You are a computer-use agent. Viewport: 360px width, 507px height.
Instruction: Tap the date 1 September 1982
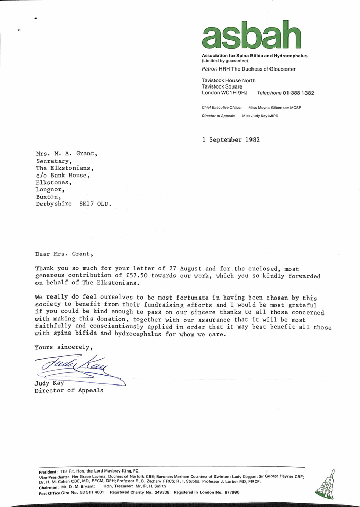pos(231,139)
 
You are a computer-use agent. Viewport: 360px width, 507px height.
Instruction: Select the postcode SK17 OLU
pos(95,204)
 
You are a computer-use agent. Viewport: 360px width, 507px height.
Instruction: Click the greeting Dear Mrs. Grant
pos(65,254)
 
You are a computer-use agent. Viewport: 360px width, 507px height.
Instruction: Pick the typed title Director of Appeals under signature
pos(69,390)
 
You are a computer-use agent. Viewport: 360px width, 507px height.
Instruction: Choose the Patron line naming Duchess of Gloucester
pos(248,69)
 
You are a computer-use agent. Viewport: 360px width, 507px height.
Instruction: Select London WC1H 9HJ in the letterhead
pos(225,93)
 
